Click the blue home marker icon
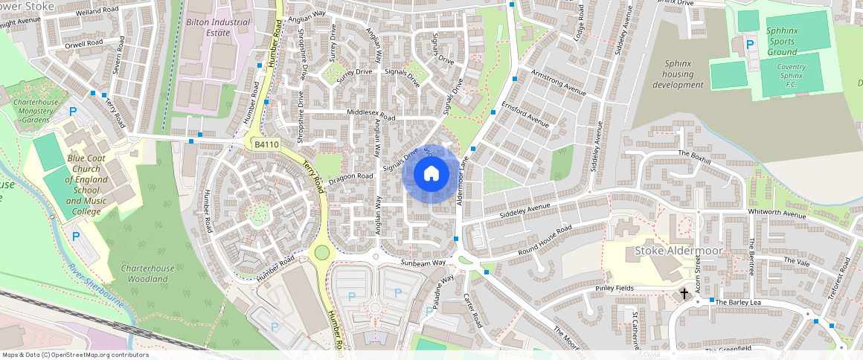tap(431, 174)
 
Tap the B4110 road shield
tap(266, 144)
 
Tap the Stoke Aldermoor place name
tap(678, 251)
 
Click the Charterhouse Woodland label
tap(147, 274)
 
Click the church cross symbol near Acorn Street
tap(684, 295)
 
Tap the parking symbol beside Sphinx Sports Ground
tap(750, 45)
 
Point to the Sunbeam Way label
tap(423, 263)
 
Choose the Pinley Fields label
tap(614, 288)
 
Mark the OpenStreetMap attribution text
tap(74, 355)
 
